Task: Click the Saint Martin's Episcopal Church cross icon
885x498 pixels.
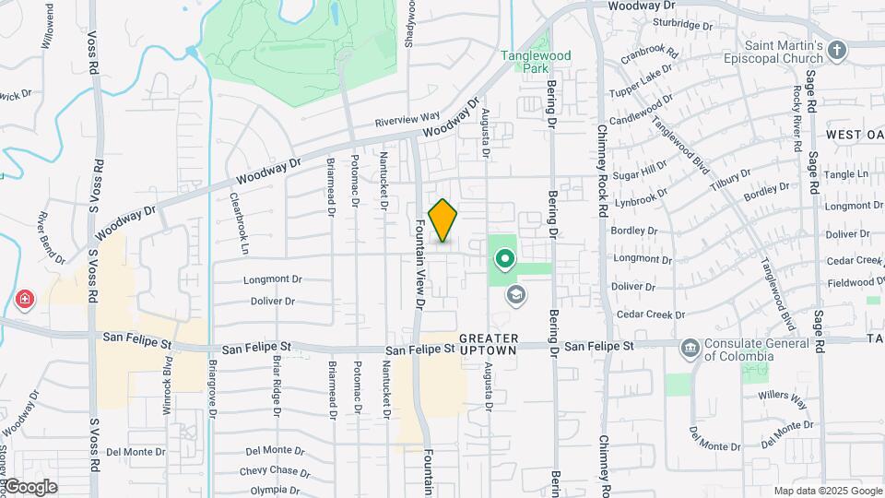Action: [837, 50]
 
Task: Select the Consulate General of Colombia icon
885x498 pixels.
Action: [689, 348]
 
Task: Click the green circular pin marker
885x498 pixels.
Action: [504, 258]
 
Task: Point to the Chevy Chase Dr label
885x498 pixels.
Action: [275, 471]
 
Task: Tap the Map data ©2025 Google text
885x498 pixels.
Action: [828, 491]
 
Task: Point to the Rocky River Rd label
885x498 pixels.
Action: [796, 106]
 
